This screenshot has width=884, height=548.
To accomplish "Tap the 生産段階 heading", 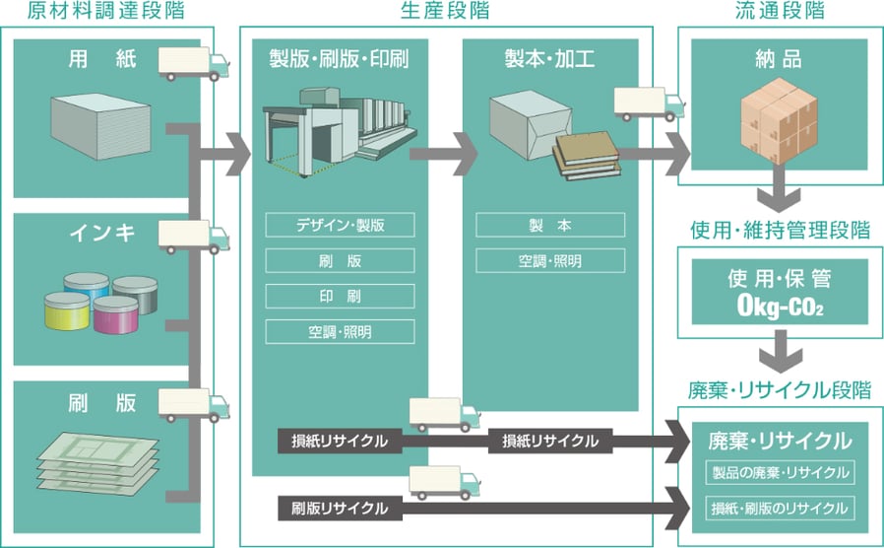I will tap(444, 11).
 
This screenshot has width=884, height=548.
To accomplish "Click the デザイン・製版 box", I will tap(340, 225).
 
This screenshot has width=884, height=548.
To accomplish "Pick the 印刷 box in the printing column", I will tap(340, 296).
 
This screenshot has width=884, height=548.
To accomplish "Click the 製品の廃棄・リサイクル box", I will tap(780, 473).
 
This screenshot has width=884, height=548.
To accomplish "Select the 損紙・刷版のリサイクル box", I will tap(780, 509).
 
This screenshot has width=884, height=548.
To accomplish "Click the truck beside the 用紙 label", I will tap(193, 64).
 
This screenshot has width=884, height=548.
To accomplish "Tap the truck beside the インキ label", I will tap(193, 237).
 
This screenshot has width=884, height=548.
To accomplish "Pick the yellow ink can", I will tap(67, 311).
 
